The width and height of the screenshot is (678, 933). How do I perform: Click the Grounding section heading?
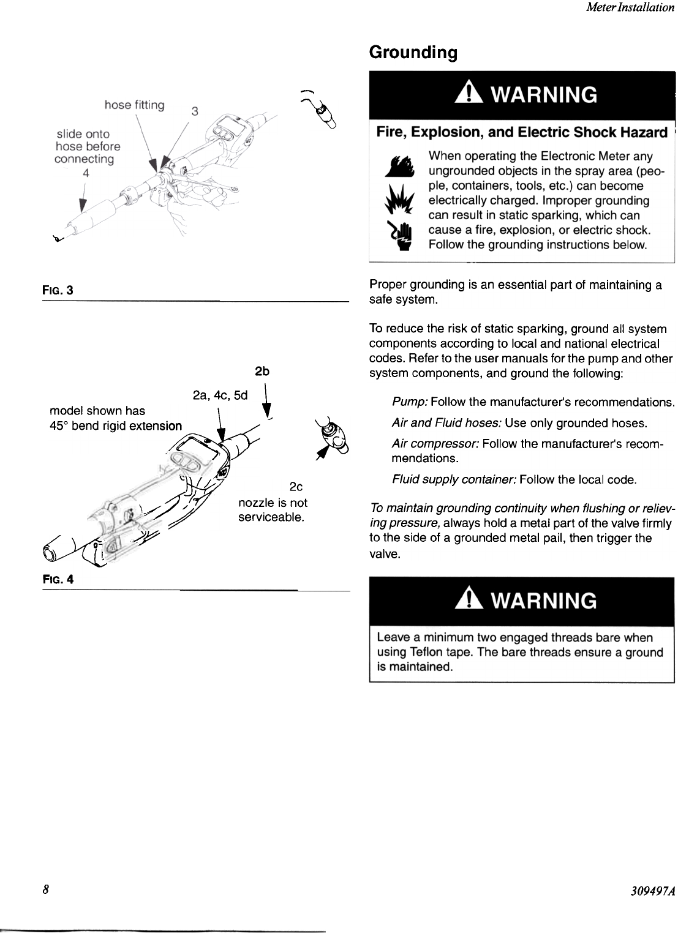413,53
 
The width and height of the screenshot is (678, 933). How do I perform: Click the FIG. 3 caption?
58,290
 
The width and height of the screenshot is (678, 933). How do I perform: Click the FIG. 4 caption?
58,579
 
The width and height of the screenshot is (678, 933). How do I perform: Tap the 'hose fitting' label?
134,105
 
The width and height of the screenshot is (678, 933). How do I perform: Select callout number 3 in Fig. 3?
195,111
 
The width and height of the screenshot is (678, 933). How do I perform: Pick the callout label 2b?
262,372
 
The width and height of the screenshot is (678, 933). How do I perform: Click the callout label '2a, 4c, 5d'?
220,395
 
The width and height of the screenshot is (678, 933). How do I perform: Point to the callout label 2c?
296,487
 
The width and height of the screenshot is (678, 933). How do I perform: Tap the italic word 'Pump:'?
410,402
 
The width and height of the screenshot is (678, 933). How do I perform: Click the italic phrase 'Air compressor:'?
435,443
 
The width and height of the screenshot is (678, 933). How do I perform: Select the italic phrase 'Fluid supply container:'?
453,479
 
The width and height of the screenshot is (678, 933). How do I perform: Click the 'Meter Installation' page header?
630,8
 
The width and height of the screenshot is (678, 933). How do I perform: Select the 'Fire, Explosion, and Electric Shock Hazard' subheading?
521,132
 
